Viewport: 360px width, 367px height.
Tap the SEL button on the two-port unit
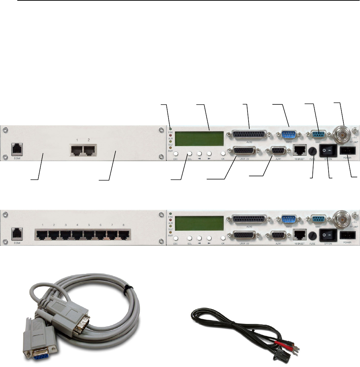click(x=189, y=154)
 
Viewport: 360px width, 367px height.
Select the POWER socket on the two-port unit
click(x=347, y=151)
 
